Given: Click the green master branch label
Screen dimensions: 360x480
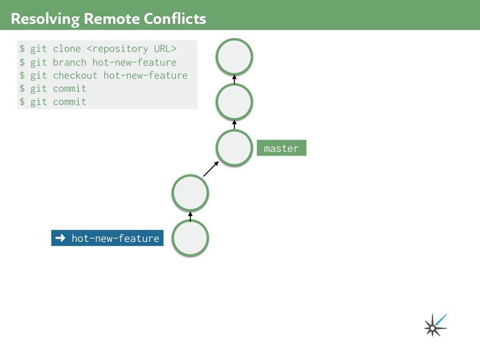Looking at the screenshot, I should pos(281,148).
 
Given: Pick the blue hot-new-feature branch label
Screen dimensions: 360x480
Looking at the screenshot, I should pos(107,238).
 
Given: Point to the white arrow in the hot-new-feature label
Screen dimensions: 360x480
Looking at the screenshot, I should pos(60,238).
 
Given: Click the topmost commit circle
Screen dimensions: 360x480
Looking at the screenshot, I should pos(234,57).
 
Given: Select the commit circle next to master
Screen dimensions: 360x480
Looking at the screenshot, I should pos(234,148).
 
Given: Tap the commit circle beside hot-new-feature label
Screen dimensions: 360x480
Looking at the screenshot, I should pos(190,238).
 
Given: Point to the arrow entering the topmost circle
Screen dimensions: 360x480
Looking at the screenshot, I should pos(234,79).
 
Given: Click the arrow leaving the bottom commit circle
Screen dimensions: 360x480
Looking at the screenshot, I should pos(190,216).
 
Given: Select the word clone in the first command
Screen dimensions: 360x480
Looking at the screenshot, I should pos(67,49).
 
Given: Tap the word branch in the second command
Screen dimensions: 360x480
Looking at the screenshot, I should pos(69,62).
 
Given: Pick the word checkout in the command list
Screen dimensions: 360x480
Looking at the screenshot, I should pos(75,75).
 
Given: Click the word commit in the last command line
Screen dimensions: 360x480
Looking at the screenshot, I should pos(69,102).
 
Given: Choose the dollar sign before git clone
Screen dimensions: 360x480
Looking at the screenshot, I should pos(22,49).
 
